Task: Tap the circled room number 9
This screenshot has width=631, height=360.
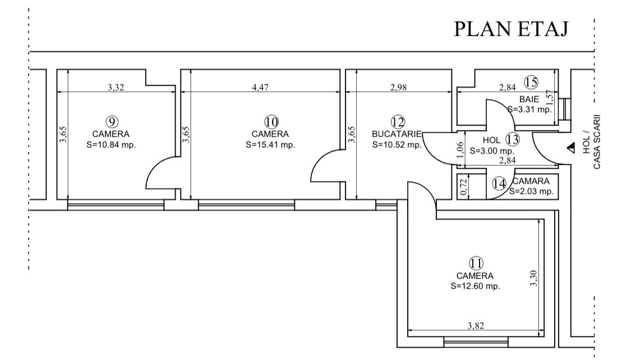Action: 112,121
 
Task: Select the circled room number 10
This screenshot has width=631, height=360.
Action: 271,121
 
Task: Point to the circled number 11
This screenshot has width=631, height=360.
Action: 476,263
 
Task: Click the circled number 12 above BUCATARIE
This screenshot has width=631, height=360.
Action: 398,122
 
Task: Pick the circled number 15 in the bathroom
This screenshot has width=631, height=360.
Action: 531,82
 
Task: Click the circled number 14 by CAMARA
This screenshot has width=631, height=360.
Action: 499,183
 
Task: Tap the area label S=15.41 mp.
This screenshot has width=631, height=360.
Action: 270,145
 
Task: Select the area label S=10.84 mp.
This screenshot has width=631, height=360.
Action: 111,145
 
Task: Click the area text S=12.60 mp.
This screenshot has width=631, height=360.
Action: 475,286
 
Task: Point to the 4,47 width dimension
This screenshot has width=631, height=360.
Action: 260,87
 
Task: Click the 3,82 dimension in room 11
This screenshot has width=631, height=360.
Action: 476,325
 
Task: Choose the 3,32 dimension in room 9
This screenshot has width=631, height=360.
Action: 116,87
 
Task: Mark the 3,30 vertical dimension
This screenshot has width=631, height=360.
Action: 533,279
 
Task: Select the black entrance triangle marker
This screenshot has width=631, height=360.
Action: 571,149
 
